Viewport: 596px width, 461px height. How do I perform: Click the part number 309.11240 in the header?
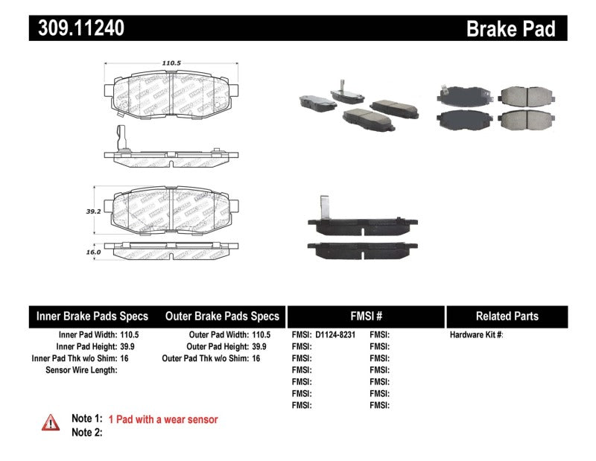[x=77, y=29]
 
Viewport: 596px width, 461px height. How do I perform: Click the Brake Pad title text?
[x=510, y=29]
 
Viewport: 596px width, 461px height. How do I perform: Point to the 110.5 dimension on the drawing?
[x=172, y=63]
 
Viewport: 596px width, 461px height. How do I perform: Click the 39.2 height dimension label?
[x=92, y=211]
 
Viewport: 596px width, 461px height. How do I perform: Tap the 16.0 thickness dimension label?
[x=92, y=252]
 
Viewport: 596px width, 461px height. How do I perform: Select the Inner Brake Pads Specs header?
[x=92, y=316]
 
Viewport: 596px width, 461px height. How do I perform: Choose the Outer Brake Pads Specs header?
[x=222, y=316]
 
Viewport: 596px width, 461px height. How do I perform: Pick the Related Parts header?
[x=507, y=316]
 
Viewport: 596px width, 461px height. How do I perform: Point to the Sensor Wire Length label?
[x=81, y=369]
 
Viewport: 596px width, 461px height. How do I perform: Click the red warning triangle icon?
[x=51, y=422]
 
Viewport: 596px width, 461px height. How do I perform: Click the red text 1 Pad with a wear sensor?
[x=163, y=419]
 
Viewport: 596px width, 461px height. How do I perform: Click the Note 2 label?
[x=86, y=432]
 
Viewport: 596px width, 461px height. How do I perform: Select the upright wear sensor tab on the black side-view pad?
[x=324, y=206]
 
